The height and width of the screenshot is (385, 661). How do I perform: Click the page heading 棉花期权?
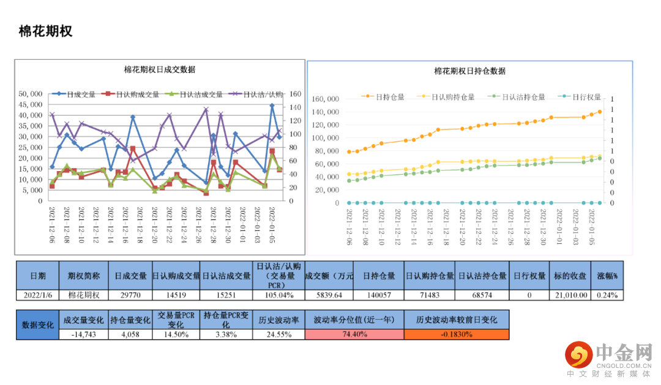tap(46, 31)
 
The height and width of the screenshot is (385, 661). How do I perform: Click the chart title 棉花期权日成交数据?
tap(160, 70)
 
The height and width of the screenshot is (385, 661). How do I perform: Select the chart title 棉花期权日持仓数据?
tap(469, 71)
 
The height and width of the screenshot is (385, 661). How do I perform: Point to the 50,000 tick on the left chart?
tap(31, 94)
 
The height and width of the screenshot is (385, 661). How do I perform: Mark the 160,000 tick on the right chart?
tap(326, 99)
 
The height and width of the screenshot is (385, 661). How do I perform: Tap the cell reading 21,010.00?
tap(571, 295)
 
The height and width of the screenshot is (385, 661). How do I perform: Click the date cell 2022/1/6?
tap(38, 295)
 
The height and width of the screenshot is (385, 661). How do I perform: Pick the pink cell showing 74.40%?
tap(354, 334)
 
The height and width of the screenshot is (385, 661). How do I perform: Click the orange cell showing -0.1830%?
tap(456, 334)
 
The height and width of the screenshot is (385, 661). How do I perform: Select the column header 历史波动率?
tap(278, 320)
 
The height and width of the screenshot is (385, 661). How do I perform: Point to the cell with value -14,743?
tap(83, 334)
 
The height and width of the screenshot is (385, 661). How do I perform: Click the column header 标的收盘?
tap(571, 276)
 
